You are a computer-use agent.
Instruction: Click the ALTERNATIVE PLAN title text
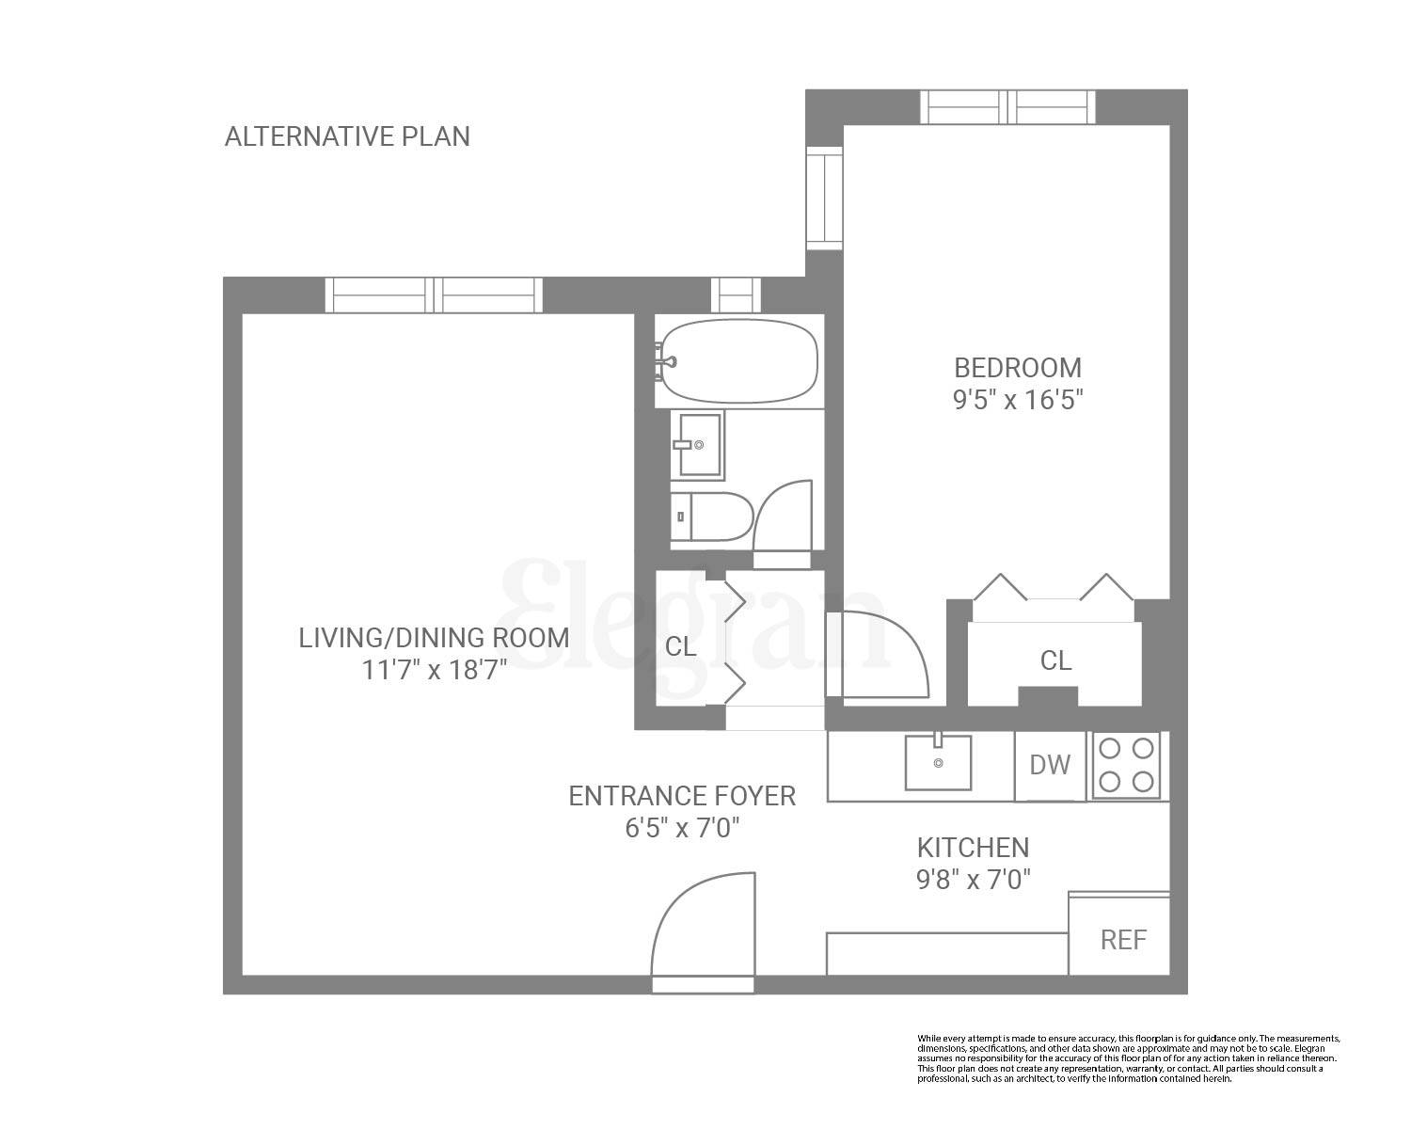tap(347, 136)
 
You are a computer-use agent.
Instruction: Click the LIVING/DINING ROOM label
tap(434, 638)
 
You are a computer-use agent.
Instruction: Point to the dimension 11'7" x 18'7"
tap(434, 670)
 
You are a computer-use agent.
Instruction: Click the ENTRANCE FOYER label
tap(682, 796)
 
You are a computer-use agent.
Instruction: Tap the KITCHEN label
tap(973, 848)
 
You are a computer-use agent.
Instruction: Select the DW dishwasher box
tap(1051, 766)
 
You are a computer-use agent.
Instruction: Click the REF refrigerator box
tap(1122, 939)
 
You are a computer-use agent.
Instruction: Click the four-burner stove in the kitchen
tap(1127, 765)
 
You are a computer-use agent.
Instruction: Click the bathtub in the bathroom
tap(739, 361)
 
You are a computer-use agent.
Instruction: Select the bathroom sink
tap(697, 445)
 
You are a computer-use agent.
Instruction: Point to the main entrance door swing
tap(703, 927)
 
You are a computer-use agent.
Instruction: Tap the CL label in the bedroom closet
tap(1055, 660)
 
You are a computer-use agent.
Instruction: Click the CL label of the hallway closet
tap(680, 647)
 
